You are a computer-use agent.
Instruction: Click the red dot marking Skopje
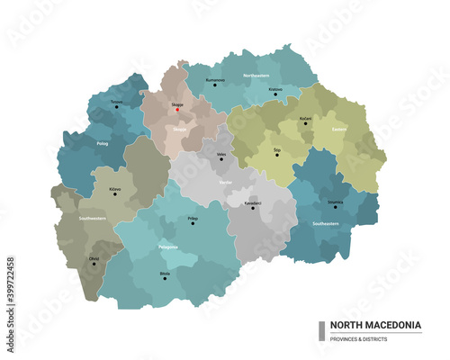[177, 111]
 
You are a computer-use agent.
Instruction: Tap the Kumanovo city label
[214, 80]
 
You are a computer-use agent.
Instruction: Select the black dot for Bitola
[165, 278]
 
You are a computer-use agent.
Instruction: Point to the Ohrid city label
[94, 259]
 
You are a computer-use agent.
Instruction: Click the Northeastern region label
[256, 76]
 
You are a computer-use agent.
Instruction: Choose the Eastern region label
[338, 129]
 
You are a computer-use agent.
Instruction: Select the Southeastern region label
[326, 223]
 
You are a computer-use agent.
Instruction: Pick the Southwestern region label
[93, 218]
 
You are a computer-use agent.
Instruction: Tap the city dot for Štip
[277, 155]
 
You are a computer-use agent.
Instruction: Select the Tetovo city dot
[116, 107]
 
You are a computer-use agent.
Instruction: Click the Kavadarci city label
[253, 202]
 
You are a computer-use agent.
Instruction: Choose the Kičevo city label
[115, 189]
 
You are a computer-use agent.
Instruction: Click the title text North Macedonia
[374, 325]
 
